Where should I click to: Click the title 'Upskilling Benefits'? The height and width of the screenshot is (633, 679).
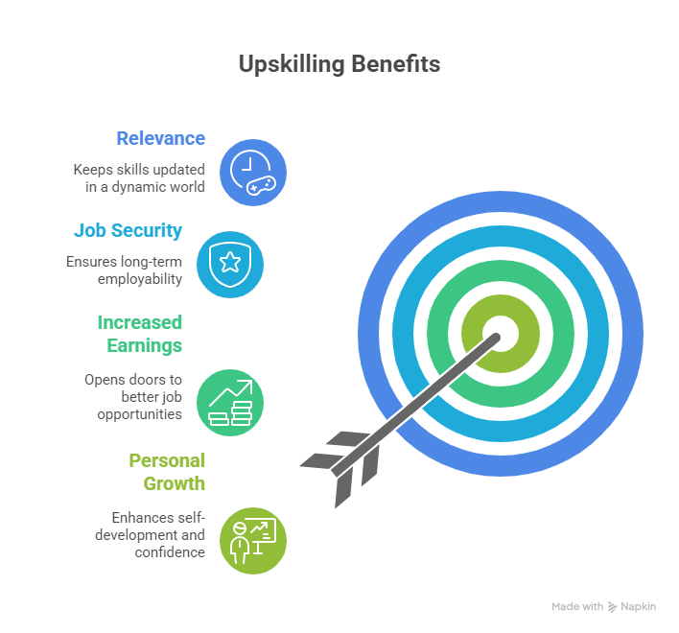[339, 64]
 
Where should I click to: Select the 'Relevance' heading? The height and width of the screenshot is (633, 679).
[160, 138]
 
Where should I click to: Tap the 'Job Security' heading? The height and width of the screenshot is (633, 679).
[128, 231]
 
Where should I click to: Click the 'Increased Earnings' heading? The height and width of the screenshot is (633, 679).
[139, 333]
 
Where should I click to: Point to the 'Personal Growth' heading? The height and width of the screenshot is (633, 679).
[167, 471]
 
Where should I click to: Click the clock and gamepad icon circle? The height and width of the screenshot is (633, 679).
[253, 173]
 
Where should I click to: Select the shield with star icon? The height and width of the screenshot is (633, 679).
[230, 264]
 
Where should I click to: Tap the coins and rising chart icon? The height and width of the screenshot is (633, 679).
[230, 402]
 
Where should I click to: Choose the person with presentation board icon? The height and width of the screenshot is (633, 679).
[253, 540]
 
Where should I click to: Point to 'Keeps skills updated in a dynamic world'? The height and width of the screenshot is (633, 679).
[139, 177]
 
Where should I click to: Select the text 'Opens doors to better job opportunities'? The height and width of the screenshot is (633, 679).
[138, 396]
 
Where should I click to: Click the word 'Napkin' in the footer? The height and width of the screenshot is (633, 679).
[638, 607]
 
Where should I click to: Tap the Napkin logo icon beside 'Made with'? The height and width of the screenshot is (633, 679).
[612, 607]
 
